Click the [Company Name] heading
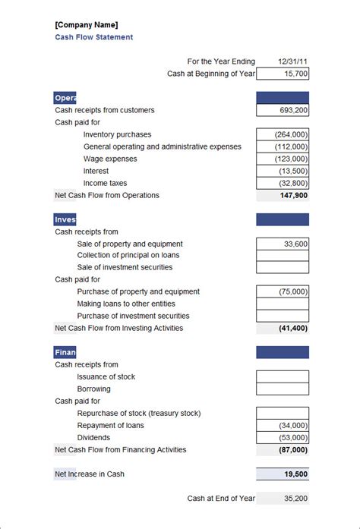(87, 24)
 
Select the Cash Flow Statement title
(93, 37)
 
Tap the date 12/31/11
(293, 61)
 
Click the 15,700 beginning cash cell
(283, 74)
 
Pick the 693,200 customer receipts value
(283, 110)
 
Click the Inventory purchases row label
(117, 134)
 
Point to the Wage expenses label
(110, 159)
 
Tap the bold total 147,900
(283, 195)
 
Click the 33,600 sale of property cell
(283, 244)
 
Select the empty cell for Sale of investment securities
(283, 267)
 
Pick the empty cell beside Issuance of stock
(283, 376)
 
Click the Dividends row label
(93, 437)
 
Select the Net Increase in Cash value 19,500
(283, 474)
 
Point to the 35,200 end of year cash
(283, 499)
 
